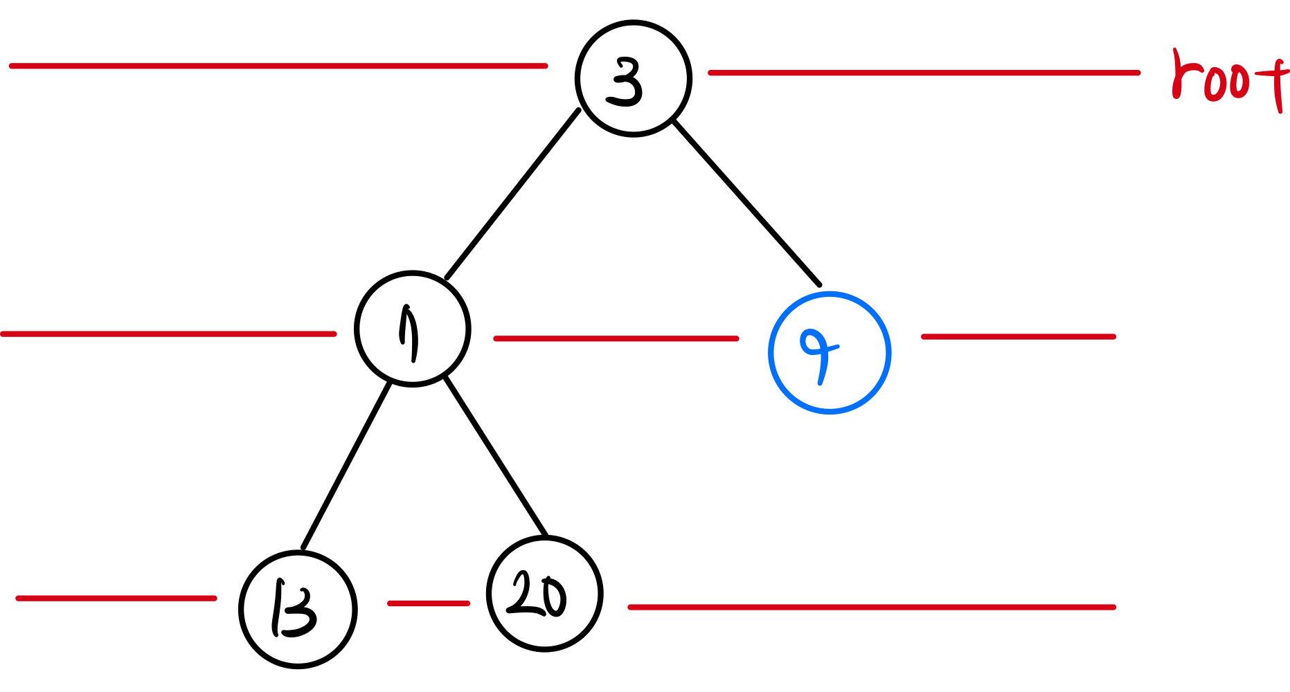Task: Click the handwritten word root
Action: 1229,80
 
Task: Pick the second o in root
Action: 1240,82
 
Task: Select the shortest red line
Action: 429,603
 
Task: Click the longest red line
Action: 278,66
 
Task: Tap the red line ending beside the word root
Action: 924,73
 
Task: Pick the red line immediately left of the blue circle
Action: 616,338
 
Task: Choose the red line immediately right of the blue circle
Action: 1018,337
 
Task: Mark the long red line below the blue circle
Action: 871,607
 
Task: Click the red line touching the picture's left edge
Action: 169,334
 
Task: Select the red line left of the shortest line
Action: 116,598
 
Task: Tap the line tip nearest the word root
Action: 1138,73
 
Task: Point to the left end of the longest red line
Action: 11,66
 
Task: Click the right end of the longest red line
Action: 546,66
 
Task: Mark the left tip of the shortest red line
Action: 390,603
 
